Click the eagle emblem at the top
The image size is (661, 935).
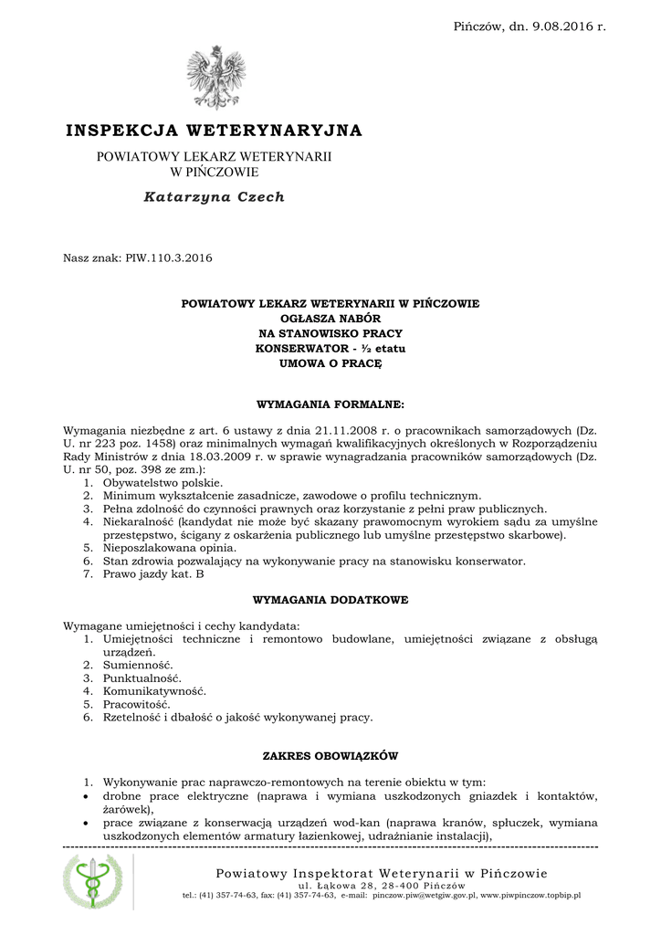point(216,79)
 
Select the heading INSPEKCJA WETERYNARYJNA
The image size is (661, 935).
point(214,131)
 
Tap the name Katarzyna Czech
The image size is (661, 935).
point(215,196)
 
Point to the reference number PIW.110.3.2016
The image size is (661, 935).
point(168,258)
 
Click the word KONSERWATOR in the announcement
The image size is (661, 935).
point(295,349)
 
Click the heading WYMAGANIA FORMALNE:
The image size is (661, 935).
point(330,403)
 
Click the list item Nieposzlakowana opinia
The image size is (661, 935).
point(162,548)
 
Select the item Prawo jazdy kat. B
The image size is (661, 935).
point(153,574)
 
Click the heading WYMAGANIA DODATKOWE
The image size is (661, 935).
point(330,600)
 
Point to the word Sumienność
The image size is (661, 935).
point(138,665)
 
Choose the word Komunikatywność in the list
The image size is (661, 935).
point(154,691)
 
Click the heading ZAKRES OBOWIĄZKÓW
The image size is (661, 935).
point(330,756)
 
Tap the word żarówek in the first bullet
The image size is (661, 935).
point(127,809)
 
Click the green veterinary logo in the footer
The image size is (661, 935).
point(92,881)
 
